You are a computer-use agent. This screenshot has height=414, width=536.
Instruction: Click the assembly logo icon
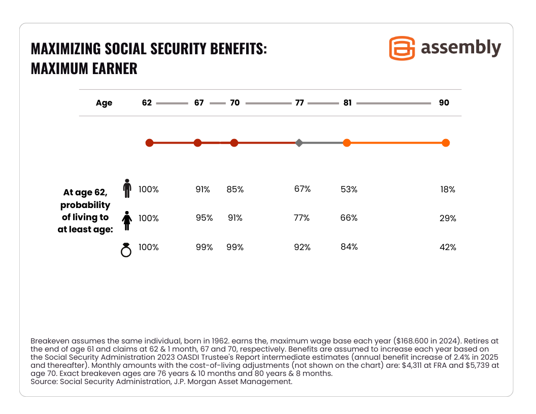(x=401, y=48)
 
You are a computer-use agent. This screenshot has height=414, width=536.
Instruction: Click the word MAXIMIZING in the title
(x=65, y=49)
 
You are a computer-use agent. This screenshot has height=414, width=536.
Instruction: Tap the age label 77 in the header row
(x=299, y=103)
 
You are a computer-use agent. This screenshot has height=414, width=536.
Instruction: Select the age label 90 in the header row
(x=444, y=103)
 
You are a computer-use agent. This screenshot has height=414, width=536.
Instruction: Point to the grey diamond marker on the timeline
(x=299, y=143)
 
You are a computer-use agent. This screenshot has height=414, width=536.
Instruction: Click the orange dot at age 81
(x=347, y=143)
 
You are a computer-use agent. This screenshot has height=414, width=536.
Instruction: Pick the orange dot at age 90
(x=446, y=143)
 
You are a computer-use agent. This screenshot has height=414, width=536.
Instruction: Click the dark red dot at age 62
(x=149, y=143)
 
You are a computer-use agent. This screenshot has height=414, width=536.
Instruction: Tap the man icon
(x=127, y=188)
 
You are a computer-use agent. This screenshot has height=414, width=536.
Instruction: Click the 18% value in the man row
(x=448, y=190)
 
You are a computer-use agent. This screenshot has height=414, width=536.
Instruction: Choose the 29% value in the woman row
(x=448, y=219)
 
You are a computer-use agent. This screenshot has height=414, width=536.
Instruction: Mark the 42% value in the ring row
(x=448, y=248)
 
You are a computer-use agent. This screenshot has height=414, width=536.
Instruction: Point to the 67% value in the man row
(x=302, y=189)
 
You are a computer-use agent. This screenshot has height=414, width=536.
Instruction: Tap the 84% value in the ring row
(x=349, y=247)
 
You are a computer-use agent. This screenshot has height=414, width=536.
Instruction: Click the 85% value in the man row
(x=235, y=190)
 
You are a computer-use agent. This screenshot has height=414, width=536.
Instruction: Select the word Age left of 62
(x=104, y=103)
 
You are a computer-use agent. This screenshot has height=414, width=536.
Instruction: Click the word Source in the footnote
(x=43, y=382)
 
